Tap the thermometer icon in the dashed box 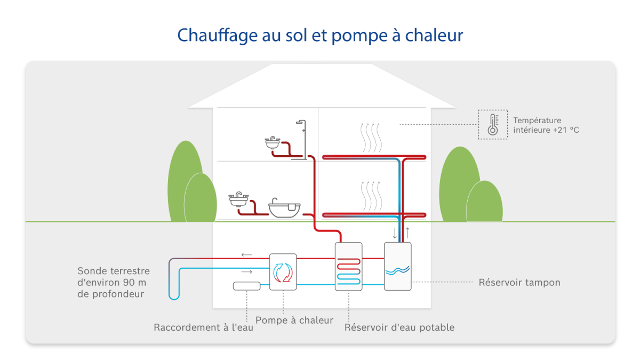(x=493, y=125)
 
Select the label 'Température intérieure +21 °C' (x=545, y=125)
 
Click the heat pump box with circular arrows (x=283, y=271)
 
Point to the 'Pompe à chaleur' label (x=294, y=320)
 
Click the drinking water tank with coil (x=348, y=266)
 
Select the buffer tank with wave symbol (x=398, y=266)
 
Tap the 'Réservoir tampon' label (x=519, y=282)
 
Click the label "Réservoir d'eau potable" (x=399, y=327)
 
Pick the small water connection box (x=247, y=286)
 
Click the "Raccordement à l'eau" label (x=203, y=327)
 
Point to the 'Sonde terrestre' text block (x=114, y=282)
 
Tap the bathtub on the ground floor (x=284, y=207)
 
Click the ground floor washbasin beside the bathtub (x=238, y=200)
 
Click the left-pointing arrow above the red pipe (x=246, y=255)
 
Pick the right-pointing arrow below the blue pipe (x=246, y=272)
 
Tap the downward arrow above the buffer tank (x=395, y=233)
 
